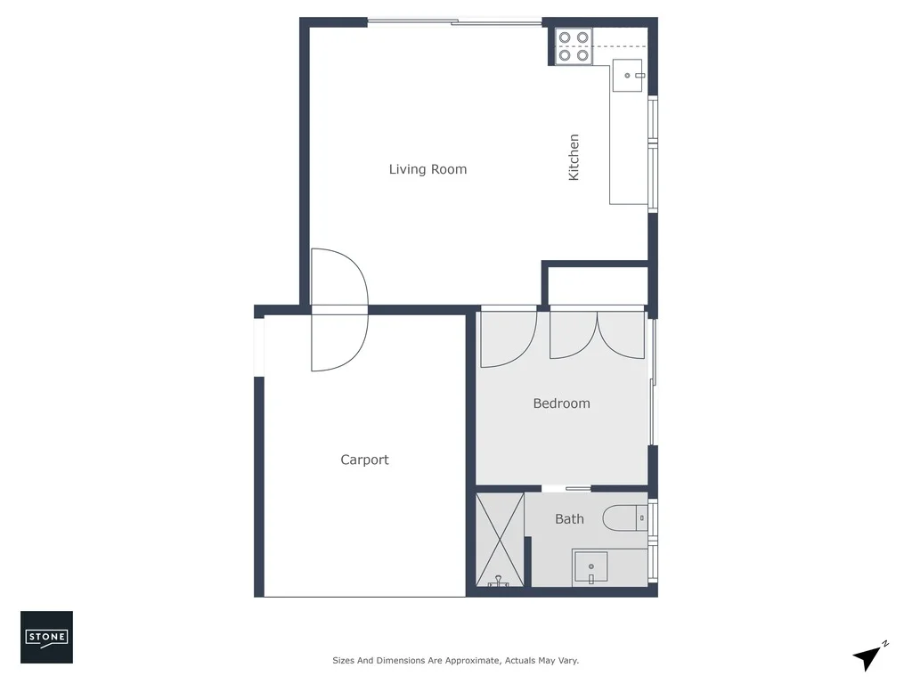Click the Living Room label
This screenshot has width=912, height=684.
[x=427, y=169]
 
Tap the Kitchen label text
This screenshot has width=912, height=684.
[x=574, y=158]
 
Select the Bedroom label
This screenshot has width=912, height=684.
[x=561, y=403]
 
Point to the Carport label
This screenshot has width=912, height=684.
[x=364, y=460]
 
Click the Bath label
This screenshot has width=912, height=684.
[x=569, y=518]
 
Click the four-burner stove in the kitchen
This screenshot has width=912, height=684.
[x=574, y=46]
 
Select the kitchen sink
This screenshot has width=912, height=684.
[x=629, y=76]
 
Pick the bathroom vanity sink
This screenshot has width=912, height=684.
[x=590, y=567]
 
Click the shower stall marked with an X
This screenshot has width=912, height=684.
[x=500, y=539]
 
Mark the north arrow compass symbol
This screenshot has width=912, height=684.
[x=869, y=656]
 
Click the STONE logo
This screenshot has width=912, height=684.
[x=46, y=637]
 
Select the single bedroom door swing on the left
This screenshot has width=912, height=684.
[x=507, y=338]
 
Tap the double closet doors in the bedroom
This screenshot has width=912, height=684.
[x=597, y=335]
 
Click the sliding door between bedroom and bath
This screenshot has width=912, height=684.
[x=566, y=488]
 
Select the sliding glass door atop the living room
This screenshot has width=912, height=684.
[x=454, y=22]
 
